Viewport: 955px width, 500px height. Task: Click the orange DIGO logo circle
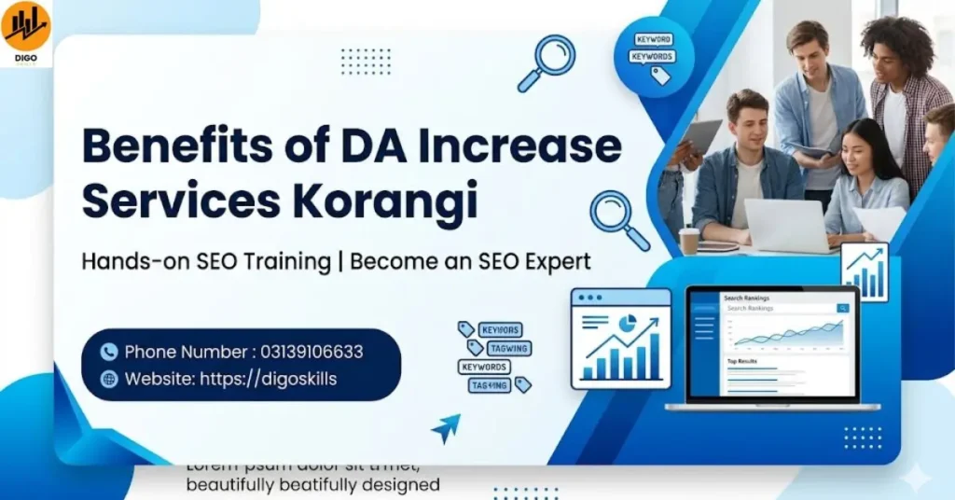(x=26, y=26)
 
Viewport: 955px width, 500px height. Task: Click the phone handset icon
(x=109, y=352)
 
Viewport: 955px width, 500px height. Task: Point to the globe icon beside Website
(x=109, y=379)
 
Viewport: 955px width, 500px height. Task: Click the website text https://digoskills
(x=268, y=379)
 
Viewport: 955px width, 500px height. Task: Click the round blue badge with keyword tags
(x=654, y=56)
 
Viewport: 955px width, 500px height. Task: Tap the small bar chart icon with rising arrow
(x=864, y=272)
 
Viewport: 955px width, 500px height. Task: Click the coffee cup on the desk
(x=689, y=241)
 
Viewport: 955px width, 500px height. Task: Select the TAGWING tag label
(x=508, y=348)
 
